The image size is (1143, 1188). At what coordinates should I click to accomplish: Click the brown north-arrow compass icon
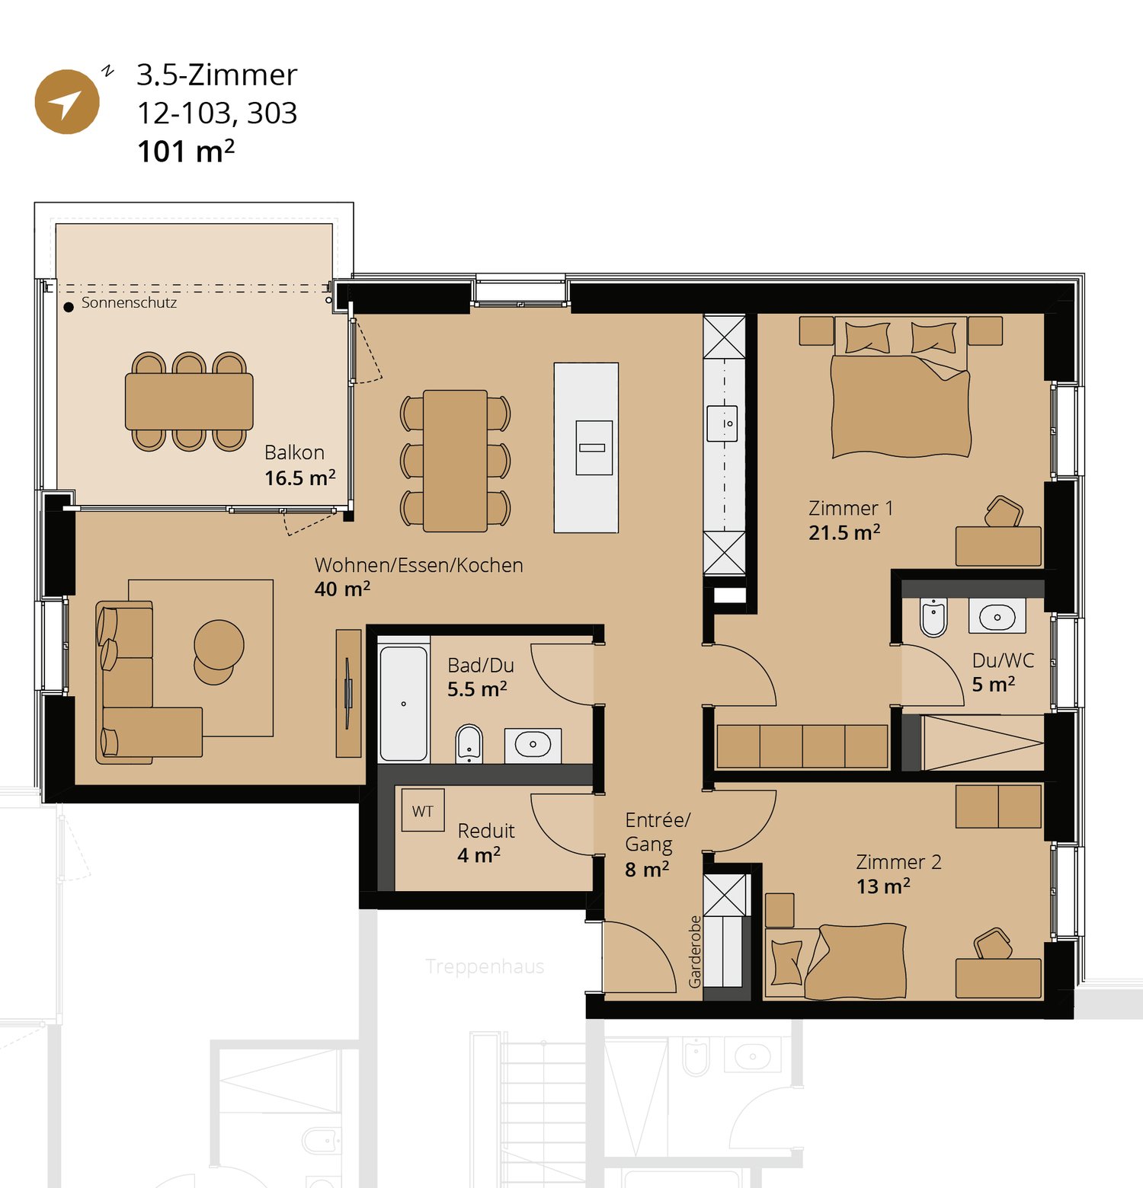(x=67, y=102)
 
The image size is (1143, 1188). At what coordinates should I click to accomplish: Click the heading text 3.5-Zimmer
(x=216, y=75)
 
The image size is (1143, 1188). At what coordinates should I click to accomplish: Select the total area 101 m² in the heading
(x=185, y=151)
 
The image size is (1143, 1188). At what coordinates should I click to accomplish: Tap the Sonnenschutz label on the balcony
(x=129, y=303)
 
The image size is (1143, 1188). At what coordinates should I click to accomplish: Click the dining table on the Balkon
(x=189, y=401)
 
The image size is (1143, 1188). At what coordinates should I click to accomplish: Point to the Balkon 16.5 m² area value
(x=299, y=478)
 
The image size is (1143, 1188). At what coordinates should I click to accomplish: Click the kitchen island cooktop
(x=593, y=448)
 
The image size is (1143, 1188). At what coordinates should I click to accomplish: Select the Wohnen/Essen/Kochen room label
(x=418, y=565)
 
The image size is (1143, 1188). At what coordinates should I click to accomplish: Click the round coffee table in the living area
(x=219, y=645)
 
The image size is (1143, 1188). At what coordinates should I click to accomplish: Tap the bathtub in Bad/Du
(x=403, y=703)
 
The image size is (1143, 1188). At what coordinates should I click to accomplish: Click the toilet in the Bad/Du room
(x=469, y=744)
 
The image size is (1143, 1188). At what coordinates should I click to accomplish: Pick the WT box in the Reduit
(x=422, y=812)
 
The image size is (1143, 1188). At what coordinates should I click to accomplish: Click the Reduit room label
(x=486, y=831)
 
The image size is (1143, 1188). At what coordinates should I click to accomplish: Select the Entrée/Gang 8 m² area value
(x=647, y=870)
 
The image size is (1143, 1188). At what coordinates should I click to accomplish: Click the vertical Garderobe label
(x=694, y=952)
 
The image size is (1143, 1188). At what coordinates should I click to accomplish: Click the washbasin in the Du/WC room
(x=997, y=616)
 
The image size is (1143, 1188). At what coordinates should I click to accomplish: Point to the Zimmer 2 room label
(x=898, y=862)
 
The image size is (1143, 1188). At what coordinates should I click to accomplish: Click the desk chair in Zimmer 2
(x=992, y=944)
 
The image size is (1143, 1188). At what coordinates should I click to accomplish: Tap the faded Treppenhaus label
(x=485, y=966)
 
